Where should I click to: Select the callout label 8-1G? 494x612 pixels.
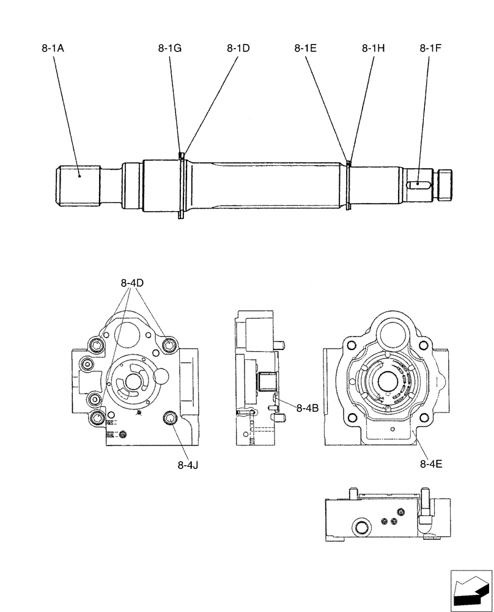pos(169,48)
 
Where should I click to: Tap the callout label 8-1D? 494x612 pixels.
pos(238,48)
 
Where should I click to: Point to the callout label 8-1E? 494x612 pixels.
pos(305,48)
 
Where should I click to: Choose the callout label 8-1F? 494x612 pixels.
pos(431,48)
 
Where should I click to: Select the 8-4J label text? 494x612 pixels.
pos(188,465)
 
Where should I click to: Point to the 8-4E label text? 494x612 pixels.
pos(431,464)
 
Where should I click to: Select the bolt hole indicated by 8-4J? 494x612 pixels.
pos(169,417)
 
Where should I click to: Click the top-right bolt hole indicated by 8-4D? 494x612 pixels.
pos(169,347)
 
